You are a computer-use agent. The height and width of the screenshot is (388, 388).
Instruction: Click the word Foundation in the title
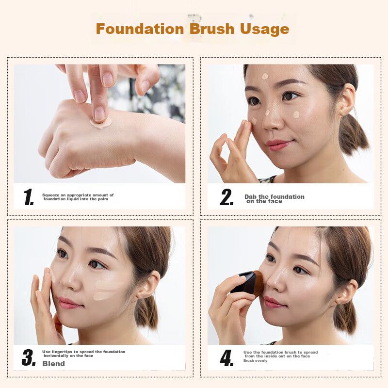tap(140, 29)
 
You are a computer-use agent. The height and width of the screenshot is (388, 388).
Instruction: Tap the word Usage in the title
tap(264, 30)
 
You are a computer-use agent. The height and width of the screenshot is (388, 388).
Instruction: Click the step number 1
tap(29, 197)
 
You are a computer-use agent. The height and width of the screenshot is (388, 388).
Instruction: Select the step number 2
tap(226, 197)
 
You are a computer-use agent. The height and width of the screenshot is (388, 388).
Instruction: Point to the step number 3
tap(29, 357)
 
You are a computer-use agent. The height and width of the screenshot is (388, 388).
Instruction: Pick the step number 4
tap(226, 358)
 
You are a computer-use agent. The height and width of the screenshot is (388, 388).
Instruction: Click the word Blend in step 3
tap(53, 363)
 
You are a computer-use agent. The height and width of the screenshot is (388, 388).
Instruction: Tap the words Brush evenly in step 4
tap(256, 361)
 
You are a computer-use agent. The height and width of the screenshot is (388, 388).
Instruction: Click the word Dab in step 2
tap(251, 197)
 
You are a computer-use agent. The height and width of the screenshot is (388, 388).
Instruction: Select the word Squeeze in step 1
tap(51, 195)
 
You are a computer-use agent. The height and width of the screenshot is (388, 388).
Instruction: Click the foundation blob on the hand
tap(100, 123)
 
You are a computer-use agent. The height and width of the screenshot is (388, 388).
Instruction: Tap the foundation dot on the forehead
tap(265, 77)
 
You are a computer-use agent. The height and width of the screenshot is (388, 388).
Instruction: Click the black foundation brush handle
tap(244, 282)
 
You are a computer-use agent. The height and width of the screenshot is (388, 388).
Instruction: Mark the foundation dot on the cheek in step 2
tap(296, 114)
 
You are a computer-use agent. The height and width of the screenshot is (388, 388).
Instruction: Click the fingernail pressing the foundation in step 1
tap(99, 113)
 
